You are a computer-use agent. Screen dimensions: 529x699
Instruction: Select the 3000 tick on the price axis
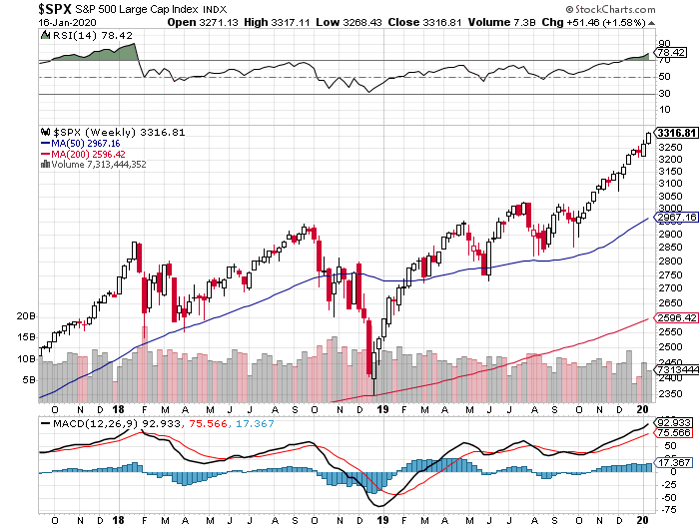point(668,209)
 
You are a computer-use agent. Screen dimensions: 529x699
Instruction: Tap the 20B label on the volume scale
point(27,315)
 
